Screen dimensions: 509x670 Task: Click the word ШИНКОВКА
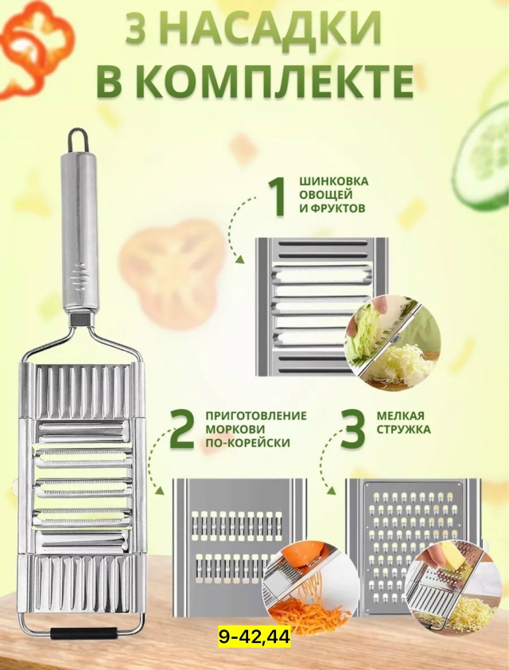pyautogui.click(x=333, y=181)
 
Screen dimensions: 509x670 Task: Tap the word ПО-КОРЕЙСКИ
pyautogui.click(x=247, y=442)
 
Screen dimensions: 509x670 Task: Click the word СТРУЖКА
pyautogui.click(x=403, y=429)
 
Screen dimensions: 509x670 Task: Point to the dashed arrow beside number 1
pyautogui.click(x=235, y=231)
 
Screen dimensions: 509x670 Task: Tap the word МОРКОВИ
pyautogui.click(x=235, y=429)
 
